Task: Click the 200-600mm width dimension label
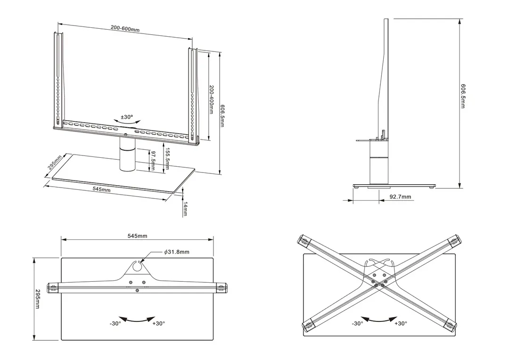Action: click(125, 29)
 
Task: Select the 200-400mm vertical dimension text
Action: click(212, 99)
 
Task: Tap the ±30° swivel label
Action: click(127, 116)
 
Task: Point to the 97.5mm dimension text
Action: click(153, 161)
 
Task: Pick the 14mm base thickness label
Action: click(185, 208)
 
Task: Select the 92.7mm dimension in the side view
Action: click(401, 197)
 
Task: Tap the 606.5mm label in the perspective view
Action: click(222, 115)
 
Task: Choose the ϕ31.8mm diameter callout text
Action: click(177, 252)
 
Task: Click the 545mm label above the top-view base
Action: click(137, 236)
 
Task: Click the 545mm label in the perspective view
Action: click(102, 189)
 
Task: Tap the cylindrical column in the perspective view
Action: click(127, 158)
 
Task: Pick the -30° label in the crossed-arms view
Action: click(357, 323)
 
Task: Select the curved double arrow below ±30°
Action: click(127, 122)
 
